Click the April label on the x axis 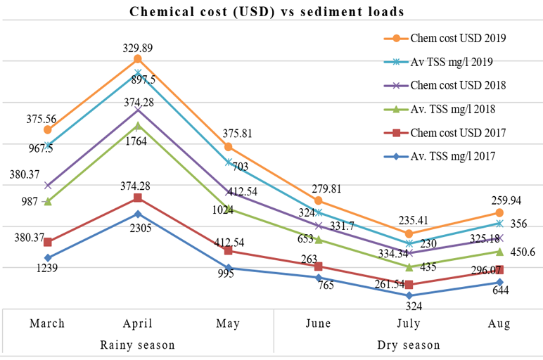(138, 324)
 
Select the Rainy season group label (138, 345)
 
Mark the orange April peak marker (138, 59)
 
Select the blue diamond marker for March (48, 258)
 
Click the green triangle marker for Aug (499, 252)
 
